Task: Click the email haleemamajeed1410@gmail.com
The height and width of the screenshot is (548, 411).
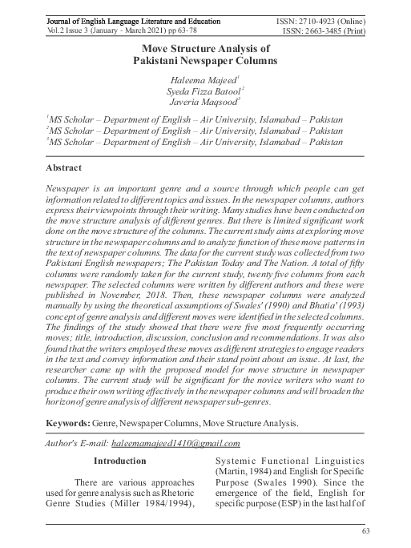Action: click(170, 442)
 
